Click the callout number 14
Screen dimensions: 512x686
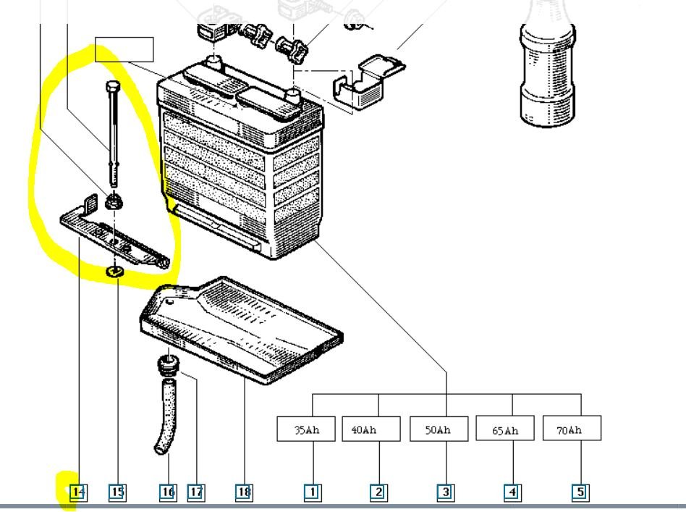78,492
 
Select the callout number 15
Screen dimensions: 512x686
117,492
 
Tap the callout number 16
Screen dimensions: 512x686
168,492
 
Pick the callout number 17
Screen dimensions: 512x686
195,492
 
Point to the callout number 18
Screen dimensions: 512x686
244,492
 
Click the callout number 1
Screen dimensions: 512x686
312,492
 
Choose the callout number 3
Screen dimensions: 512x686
446,492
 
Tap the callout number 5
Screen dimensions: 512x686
580,492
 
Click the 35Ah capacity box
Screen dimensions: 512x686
306,429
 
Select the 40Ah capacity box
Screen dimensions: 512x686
370,429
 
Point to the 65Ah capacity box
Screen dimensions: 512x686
505,429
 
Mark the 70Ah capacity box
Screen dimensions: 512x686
572,429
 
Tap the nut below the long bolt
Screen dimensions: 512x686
113,201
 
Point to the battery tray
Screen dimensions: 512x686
242,326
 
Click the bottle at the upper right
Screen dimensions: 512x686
548,69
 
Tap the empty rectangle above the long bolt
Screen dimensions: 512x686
124,49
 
